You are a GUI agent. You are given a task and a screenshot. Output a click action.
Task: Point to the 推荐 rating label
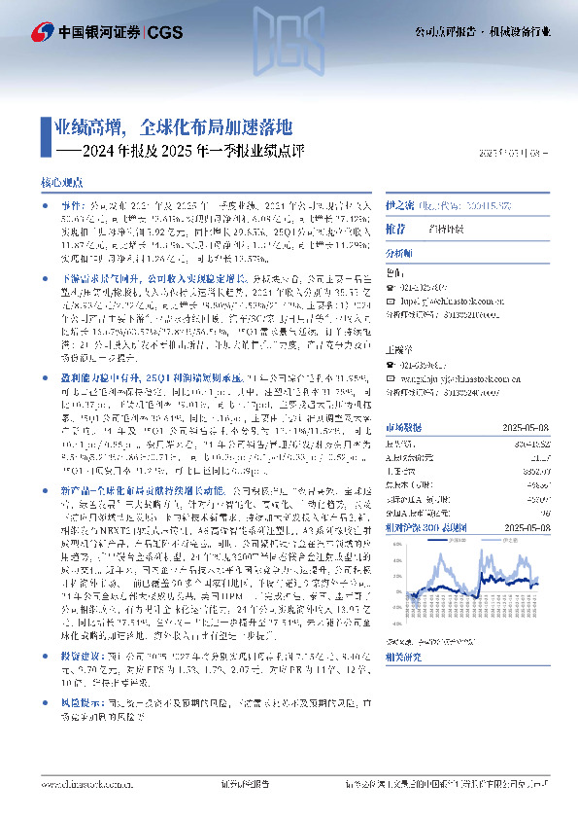pos(395,228)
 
